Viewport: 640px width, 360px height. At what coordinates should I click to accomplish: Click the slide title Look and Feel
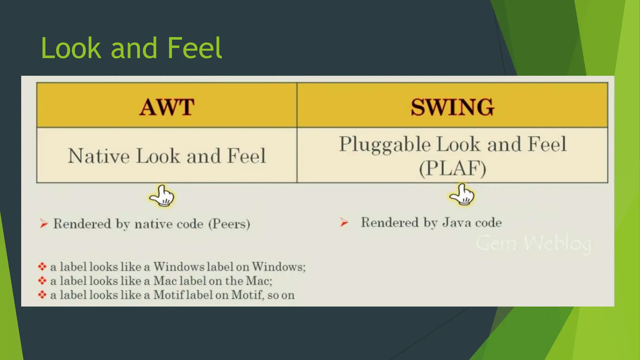click(x=131, y=48)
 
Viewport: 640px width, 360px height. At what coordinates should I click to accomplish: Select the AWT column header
click(x=167, y=107)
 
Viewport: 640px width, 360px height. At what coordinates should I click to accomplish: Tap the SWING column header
click(x=452, y=107)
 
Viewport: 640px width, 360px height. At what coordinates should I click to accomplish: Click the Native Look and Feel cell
click(x=167, y=156)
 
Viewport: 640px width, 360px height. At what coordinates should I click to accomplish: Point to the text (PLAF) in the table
click(x=452, y=168)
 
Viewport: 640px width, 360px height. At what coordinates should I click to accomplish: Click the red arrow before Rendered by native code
click(x=44, y=224)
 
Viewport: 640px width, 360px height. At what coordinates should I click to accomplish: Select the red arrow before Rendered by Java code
click(x=344, y=222)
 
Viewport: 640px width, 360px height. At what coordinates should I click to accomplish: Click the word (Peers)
click(x=229, y=224)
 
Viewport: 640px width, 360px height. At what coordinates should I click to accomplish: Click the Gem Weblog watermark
click(x=533, y=243)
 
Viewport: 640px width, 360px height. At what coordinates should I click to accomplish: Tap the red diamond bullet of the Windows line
click(x=42, y=267)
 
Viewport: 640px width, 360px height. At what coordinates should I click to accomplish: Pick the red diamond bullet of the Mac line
click(x=42, y=281)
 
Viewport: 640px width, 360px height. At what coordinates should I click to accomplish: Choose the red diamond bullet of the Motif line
click(x=42, y=295)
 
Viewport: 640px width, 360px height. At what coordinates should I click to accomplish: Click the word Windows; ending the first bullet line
click(x=279, y=267)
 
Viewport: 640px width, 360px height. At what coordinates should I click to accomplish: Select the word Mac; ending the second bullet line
click(x=259, y=281)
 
